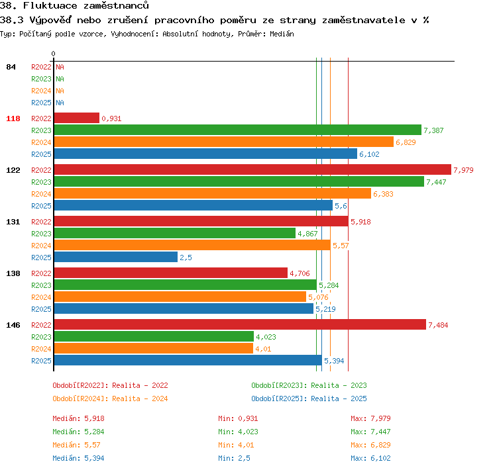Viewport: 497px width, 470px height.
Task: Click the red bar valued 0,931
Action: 77,118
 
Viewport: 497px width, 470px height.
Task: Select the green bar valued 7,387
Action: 238,130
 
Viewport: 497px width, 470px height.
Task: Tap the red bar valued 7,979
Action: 252,169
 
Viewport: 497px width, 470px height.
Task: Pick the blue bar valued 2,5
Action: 116,257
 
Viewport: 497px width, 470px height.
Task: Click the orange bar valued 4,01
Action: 154,348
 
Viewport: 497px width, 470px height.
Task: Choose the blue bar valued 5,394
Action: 188,360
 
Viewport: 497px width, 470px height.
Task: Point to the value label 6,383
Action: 383,194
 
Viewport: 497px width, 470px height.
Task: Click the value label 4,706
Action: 300,273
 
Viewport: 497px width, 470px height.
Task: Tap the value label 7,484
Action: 438,325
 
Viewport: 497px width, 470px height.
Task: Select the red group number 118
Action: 13,118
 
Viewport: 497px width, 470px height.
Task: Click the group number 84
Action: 11,67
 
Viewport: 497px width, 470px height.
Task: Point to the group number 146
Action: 13,325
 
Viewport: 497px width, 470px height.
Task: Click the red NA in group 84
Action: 60,67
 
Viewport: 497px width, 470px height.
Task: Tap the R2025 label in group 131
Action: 41,258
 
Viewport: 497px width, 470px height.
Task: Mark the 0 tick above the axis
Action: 53,54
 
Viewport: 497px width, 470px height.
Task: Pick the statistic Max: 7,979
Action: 370,418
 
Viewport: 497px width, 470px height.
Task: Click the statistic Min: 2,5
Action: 234,458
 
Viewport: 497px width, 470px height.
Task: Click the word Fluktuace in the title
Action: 50,5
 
